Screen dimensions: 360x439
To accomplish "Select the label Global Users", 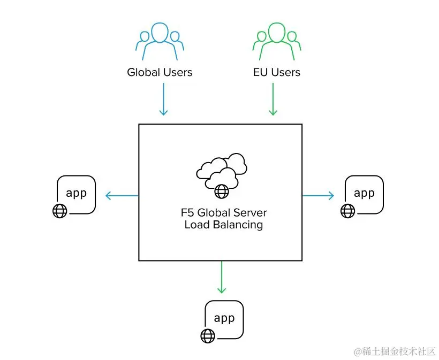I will click(x=160, y=72).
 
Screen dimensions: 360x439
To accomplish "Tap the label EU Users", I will click(x=277, y=72).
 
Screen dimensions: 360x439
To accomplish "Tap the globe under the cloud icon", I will click(x=221, y=190).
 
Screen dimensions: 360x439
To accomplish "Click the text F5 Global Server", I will click(x=223, y=212).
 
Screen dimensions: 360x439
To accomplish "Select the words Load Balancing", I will click(x=223, y=225).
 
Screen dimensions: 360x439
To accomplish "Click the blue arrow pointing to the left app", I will click(x=122, y=195).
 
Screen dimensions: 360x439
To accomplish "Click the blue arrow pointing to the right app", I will click(x=319, y=195).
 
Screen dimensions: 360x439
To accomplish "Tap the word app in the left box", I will click(x=76, y=193).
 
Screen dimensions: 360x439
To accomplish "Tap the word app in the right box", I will click(x=364, y=193).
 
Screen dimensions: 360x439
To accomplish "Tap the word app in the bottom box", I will click(x=224, y=318).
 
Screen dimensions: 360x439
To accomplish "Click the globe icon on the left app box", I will click(x=60, y=211).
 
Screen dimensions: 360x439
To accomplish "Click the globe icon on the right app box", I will click(x=348, y=211).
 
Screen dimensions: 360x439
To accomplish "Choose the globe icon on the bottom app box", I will click(x=208, y=335).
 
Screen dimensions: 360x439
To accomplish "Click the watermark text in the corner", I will click(x=394, y=351).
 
